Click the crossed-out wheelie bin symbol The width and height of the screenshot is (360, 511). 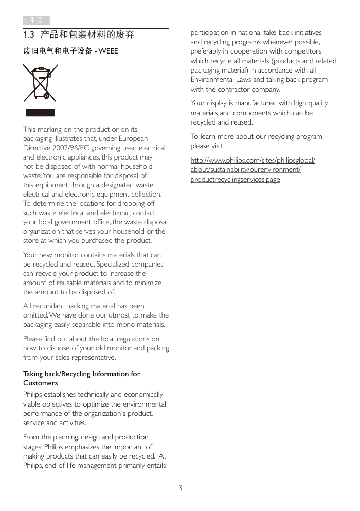[x=40, y=82]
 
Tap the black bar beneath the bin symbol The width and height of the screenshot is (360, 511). [x=41, y=113]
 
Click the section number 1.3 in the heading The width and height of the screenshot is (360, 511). [x=29, y=35]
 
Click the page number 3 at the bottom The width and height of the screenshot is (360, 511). [x=180, y=488]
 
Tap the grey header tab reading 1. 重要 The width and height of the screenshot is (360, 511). [x=36, y=21]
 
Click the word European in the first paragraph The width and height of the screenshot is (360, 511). [x=133, y=139]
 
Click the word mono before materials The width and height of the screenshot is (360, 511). [x=124, y=325]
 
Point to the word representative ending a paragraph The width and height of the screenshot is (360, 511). [x=93, y=358]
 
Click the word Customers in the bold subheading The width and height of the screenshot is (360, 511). [x=41, y=383]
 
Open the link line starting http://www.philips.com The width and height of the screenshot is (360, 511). [x=253, y=161]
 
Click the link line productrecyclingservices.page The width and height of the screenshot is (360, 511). [x=235, y=180]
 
